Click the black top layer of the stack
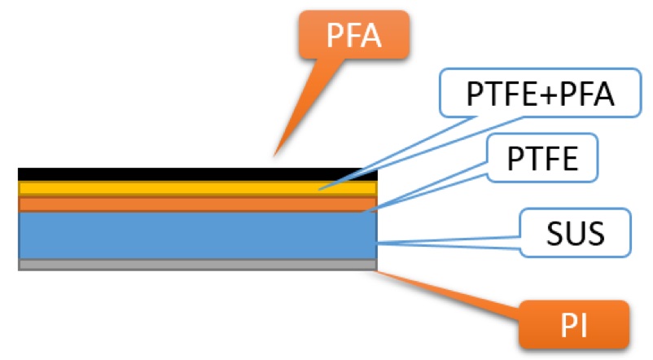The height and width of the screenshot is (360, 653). point(195,173)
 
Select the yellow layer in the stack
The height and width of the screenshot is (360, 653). point(195,188)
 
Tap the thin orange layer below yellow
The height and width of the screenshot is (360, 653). point(195,203)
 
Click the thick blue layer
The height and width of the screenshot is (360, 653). point(195,235)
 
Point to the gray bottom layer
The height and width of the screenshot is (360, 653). point(195,265)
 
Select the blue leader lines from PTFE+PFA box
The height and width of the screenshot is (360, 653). point(399,150)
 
